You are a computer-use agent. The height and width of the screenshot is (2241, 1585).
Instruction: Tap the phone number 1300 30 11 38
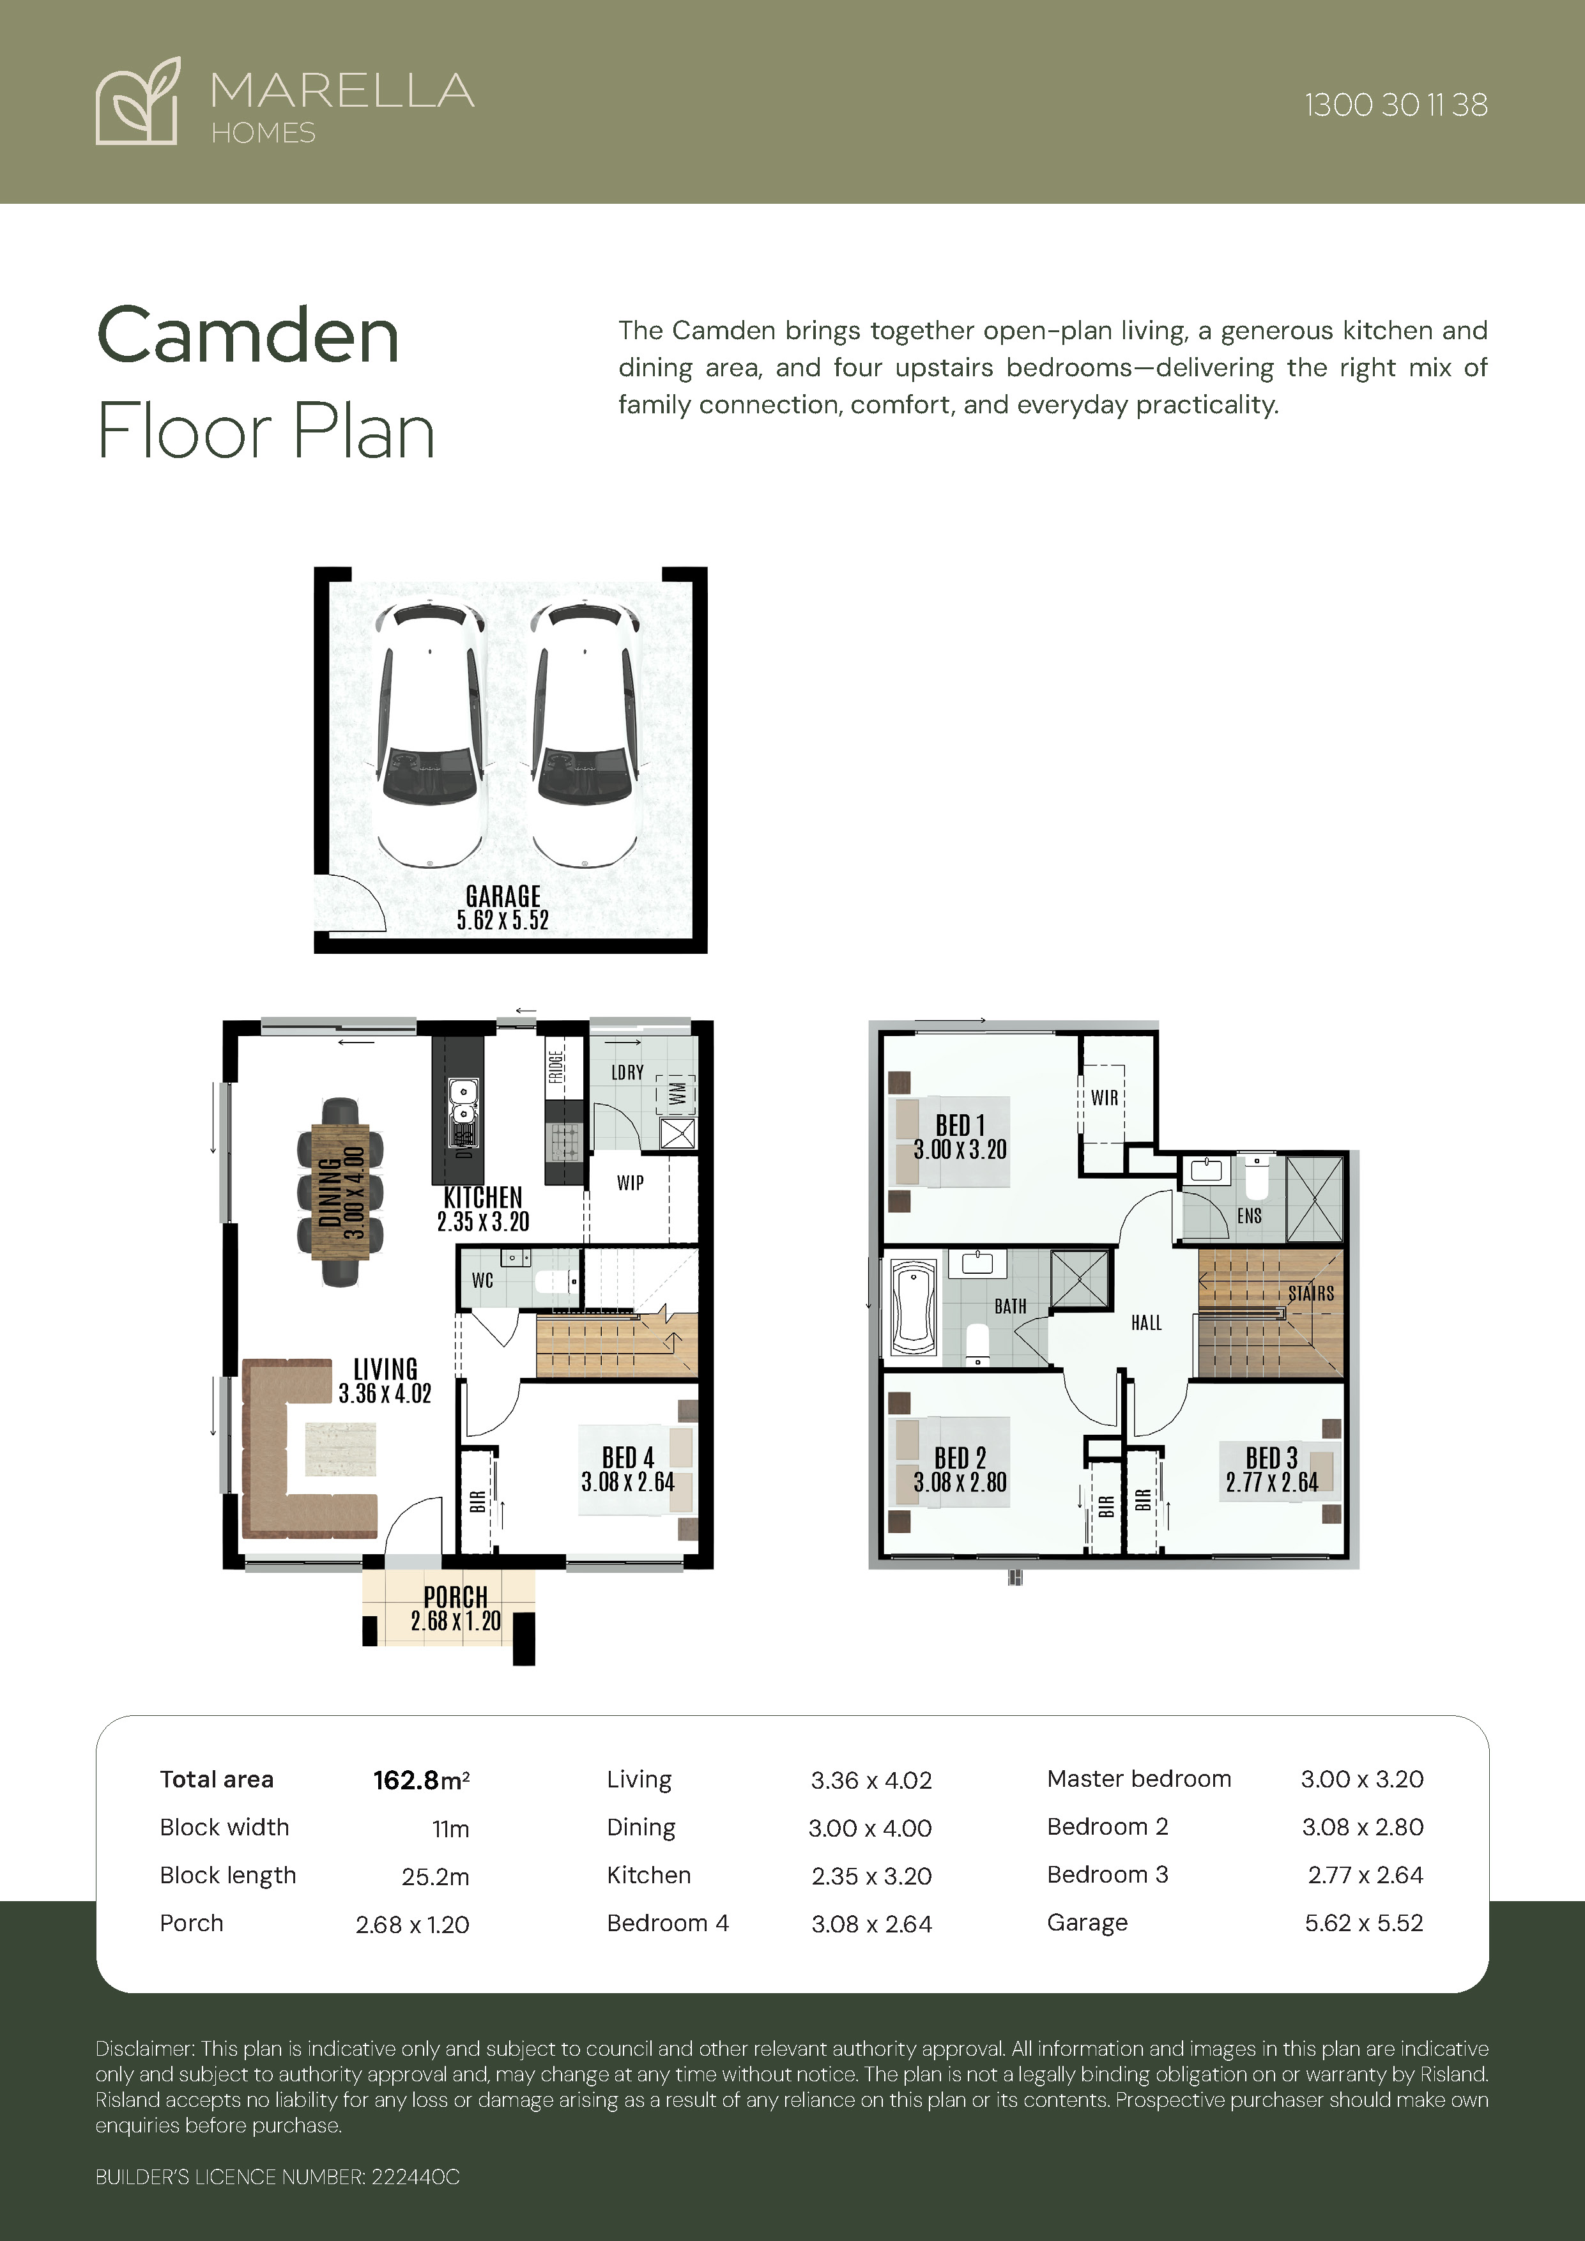click(1396, 105)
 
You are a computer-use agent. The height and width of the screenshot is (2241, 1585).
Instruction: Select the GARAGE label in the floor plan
click(503, 896)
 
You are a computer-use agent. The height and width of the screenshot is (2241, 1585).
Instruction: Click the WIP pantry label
click(631, 1183)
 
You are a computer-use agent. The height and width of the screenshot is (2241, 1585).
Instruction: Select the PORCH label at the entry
click(456, 1597)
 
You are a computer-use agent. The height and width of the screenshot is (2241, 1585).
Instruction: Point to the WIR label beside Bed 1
click(1105, 1098)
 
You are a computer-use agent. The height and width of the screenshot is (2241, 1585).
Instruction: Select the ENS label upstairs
click(1249, 1216)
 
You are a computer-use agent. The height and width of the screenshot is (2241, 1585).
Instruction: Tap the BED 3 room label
click(1272, 1458)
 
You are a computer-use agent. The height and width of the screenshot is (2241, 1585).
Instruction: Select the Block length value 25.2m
click(435, 1876)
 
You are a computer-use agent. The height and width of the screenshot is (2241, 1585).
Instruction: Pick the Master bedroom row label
click(1139, 1778)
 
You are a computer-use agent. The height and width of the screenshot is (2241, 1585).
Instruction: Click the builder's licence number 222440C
click(415, 2176)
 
